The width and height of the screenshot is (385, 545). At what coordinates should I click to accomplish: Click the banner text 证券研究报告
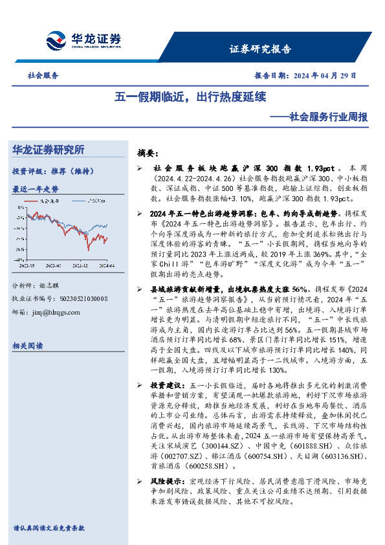[260, 49]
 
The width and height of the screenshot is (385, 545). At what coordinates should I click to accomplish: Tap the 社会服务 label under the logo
[43, 75]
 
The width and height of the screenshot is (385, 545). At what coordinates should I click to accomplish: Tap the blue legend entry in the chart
[89, 201]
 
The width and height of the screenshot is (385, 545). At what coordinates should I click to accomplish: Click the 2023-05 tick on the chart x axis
[27, 265]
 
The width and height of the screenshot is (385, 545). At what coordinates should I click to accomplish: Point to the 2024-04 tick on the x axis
[107, 265]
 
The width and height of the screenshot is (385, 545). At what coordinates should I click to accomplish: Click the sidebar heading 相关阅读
[28, 346]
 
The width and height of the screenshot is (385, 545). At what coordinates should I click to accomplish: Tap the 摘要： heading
[148, 153]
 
